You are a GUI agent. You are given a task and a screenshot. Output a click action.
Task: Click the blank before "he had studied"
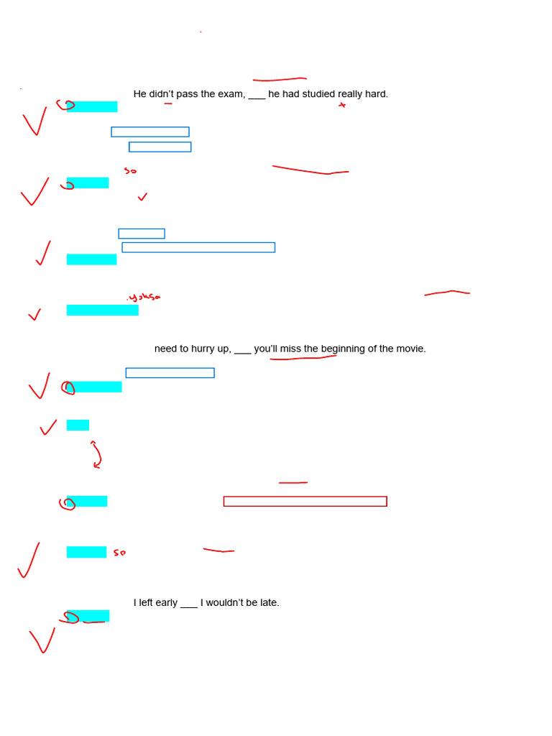coord(257,96)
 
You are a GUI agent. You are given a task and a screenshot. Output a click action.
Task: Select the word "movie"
coord(410,349)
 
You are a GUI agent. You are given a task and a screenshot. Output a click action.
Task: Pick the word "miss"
coord(290,349)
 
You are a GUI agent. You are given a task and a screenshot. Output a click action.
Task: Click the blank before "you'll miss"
coord(243,350)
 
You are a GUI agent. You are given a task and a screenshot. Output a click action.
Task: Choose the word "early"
coord(165,602)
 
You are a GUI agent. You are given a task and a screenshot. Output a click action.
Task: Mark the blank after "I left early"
coord(189,604)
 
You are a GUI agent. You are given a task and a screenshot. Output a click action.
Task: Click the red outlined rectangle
coord(305,501)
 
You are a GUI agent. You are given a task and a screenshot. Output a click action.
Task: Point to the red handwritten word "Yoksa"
coord(144,297)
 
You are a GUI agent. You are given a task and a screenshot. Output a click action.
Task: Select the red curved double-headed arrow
coord(96,454)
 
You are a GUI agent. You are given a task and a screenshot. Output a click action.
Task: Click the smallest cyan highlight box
coord(78,425)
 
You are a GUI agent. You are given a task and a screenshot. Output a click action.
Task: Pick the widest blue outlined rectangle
coord(198,247)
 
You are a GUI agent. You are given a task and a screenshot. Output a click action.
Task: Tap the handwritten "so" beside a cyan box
coord(119,553)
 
